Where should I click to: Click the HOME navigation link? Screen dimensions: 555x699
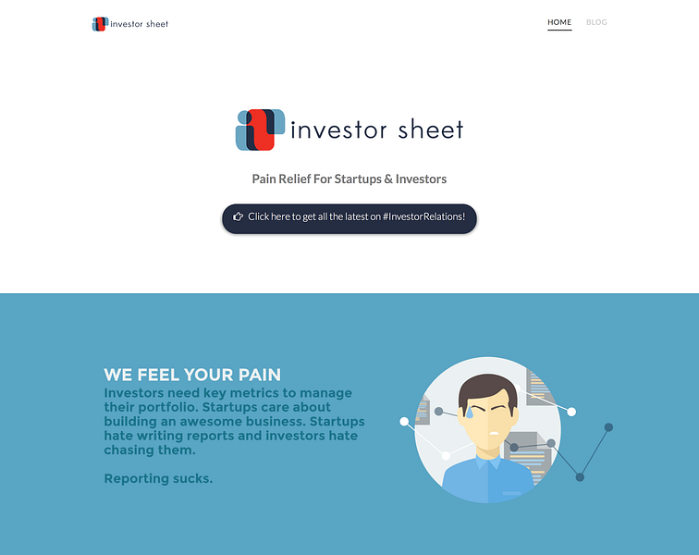click(559, 22)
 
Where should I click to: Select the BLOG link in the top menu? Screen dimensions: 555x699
click(596, 22)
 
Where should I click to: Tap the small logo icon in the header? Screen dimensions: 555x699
click(100, 24)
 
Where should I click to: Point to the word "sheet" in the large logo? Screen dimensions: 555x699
click(430, 129)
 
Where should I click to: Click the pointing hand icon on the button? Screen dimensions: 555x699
click(238, 216)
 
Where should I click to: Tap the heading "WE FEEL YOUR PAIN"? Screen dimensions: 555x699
click(192, 375)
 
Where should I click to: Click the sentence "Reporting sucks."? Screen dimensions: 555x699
click(158, 478)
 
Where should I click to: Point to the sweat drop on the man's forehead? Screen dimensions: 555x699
click(470, 412)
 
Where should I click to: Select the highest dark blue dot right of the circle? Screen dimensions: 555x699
click(608, 427)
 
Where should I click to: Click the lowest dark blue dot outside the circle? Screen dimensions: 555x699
click(580, 477)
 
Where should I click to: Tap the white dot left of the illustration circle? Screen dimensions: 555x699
click(404, 422)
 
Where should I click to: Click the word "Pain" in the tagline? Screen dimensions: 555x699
click(266, 179)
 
